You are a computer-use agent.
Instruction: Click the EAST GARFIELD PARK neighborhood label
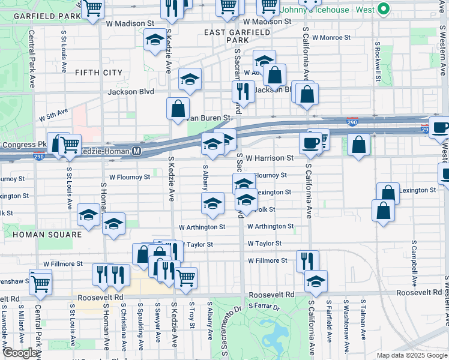226,35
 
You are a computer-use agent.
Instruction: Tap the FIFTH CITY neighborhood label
98,73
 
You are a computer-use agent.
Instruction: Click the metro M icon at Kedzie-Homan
137,151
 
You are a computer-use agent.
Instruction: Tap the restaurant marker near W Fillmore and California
307,260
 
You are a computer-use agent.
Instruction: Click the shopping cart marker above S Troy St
186,277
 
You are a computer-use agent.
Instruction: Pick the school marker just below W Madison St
155,40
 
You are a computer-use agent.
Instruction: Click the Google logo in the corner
20,353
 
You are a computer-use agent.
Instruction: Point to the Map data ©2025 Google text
411,355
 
